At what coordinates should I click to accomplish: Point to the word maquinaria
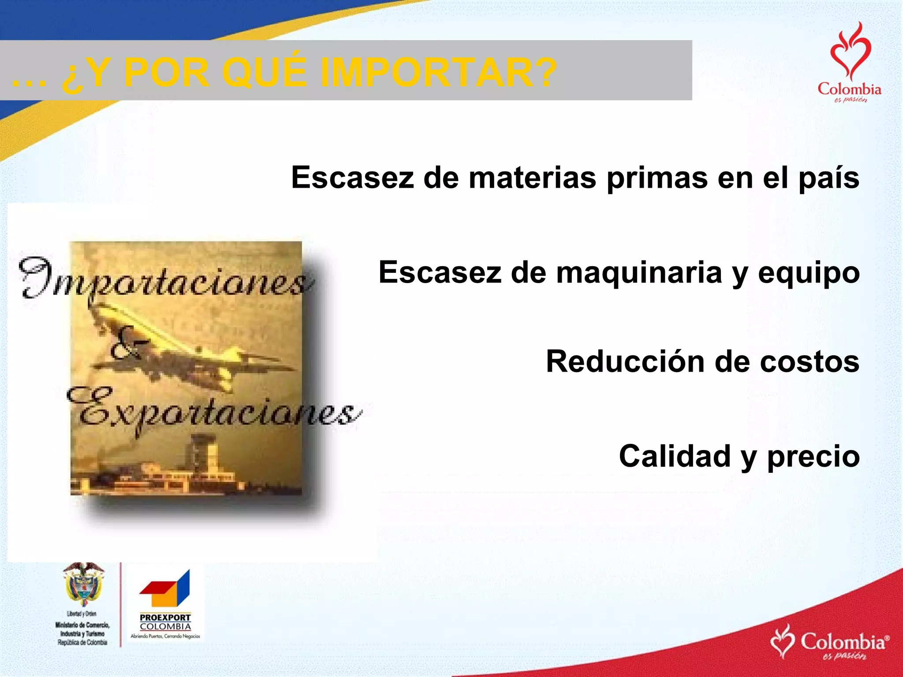[x=639, y=272]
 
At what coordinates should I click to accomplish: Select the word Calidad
[x=675, y=456]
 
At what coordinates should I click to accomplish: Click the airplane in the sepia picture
[x=194, y=348]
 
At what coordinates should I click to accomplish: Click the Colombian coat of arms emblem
[x=83, y=584]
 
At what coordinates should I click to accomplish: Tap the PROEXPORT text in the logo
[x=165, y=617]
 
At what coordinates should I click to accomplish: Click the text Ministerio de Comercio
[x=82, y=625]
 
